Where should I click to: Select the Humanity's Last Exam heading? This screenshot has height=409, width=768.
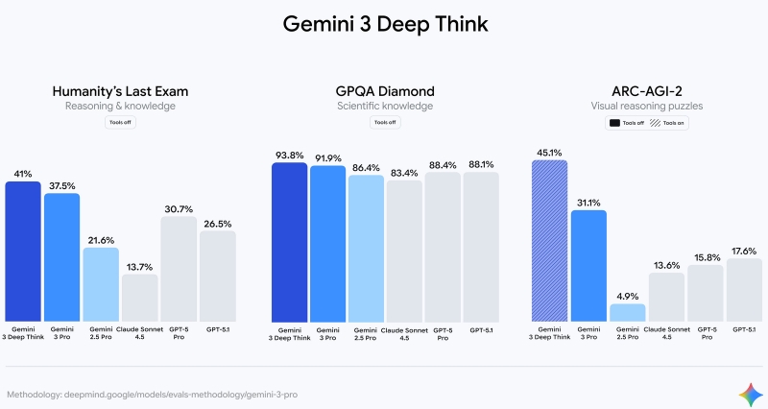click(119, 91)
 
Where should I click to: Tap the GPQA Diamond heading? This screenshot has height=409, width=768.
click(385, 91)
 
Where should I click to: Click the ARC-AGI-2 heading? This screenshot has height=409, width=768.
click(648, 91)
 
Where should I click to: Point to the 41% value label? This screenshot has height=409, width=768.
click(23, 174)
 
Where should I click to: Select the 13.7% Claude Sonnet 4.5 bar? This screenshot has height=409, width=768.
click(140, 297)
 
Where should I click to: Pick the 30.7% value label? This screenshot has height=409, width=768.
click(179, 209)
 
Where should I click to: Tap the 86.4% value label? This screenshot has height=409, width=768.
click(366, 167)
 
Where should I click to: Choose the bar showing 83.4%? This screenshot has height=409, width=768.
click(404, 250)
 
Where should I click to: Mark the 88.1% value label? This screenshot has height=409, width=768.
click(481, 164)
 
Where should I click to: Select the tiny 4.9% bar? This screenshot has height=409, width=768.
click(627, 312)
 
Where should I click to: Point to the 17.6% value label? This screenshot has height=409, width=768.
click(744, 251)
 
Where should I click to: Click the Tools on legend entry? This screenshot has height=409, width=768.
click(670, 123)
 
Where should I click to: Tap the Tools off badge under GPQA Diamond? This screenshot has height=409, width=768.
click(384, 123)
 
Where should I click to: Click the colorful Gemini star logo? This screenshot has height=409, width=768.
click(748, 393)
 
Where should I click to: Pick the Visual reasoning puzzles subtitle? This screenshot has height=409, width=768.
click(648, 107)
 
